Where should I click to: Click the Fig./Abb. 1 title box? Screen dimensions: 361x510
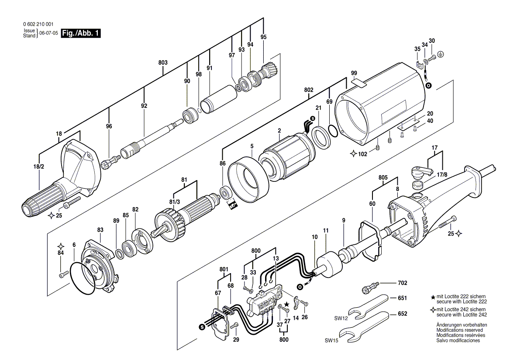pyautogui.click(x=81, y=33)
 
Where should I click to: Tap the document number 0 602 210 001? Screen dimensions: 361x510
pyautogui.click(x=39, y=25)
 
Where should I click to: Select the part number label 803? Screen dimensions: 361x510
pyautogui.click(x=163, y=63)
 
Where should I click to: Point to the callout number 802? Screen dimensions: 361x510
pyautogui.click(x=309, y=90)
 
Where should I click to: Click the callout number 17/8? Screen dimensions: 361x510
pyautogui.click(x=442, y=175)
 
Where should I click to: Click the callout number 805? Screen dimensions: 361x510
pyautogui.click(x=383, y=178)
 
